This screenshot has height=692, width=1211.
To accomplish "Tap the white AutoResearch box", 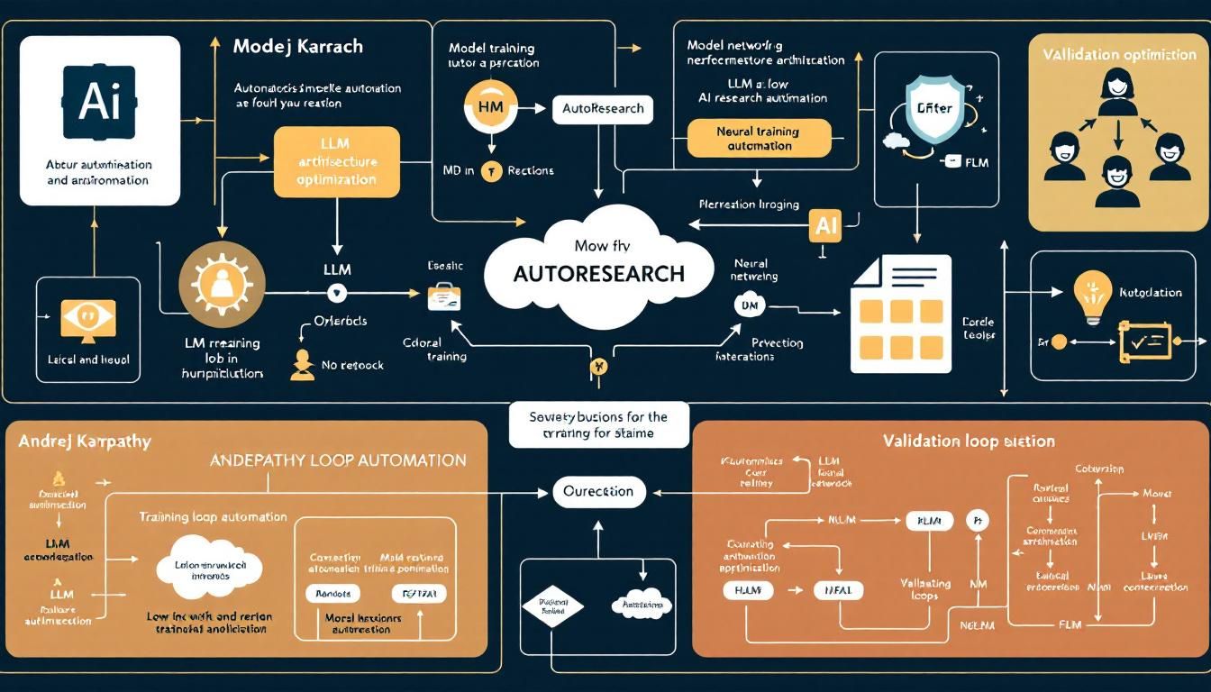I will tap(602, 108).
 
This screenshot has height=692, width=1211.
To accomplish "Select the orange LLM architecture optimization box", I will tap(336, 161).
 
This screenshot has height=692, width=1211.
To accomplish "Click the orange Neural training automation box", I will tap(758, 138).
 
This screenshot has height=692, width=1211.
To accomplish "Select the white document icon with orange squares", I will tap(900, 313).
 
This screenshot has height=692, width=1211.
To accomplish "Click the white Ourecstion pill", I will tap(598, 491).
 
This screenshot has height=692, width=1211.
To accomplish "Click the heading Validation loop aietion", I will tap(969, 442).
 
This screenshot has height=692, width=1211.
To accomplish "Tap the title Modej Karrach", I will tap(297, 45).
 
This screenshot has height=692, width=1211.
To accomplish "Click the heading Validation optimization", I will tap(1119, 54).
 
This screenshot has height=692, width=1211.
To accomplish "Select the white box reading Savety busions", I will tap(598, 424).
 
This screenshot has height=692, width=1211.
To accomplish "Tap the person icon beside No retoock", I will tap(303, 364).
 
